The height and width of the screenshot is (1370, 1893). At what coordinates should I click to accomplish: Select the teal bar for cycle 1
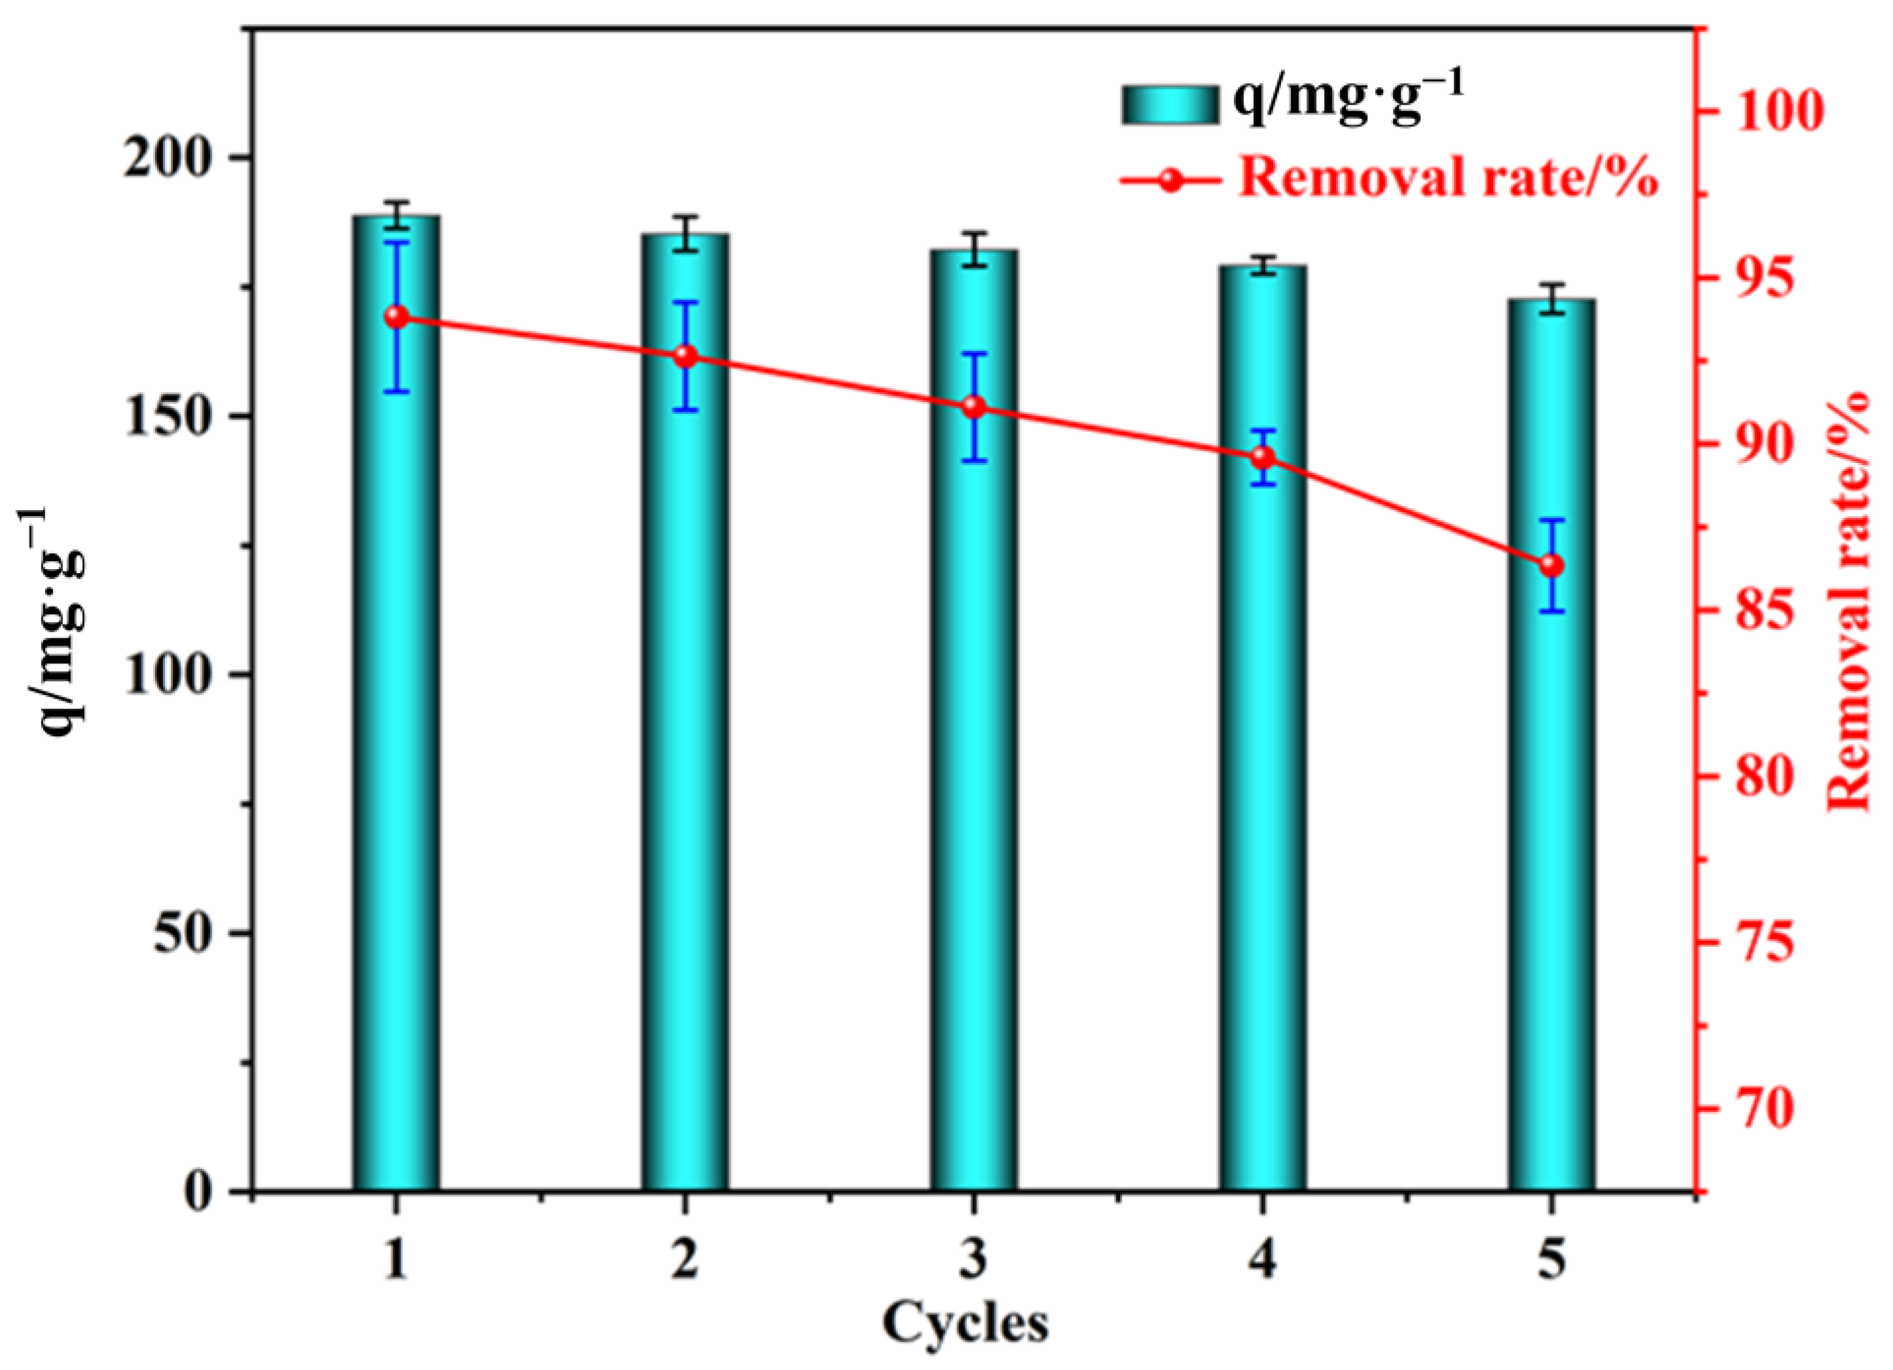click(395, 751)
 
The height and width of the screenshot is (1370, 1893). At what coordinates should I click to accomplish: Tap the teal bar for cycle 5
click(1551, 793)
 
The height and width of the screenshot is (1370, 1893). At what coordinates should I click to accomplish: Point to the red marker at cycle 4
click(1263, 458)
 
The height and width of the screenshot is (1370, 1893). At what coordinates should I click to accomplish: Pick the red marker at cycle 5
click(1551, 566)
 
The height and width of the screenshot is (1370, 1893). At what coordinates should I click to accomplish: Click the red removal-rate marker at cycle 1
click(397, 316)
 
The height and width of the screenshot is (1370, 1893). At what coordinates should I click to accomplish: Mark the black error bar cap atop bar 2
click(685, 216)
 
